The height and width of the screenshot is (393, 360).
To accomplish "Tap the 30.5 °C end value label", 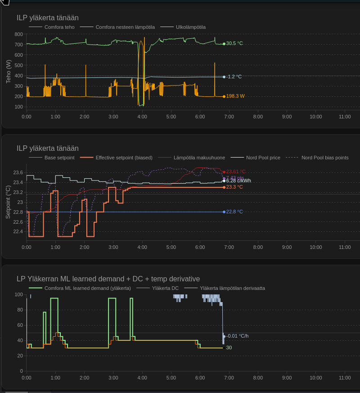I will (234, 44).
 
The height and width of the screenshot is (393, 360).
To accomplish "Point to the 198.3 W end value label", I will (235, 96).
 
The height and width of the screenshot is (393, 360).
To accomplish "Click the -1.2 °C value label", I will (234, 77).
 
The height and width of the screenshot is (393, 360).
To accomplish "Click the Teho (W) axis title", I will (9, 71).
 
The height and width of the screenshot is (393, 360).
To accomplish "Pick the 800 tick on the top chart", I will (18, 34).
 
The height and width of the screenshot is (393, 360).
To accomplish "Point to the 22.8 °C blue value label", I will (234, 212).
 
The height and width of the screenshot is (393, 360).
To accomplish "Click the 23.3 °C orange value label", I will (234, 187).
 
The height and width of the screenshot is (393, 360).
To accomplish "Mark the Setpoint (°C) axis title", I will (9, 202).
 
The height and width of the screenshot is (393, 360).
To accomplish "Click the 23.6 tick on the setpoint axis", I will (18, 172).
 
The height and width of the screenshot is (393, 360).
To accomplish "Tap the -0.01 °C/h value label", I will (237, 336).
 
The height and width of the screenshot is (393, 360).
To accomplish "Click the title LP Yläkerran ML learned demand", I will (108, 279).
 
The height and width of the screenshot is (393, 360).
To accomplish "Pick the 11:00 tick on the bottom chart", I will (345, 378).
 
